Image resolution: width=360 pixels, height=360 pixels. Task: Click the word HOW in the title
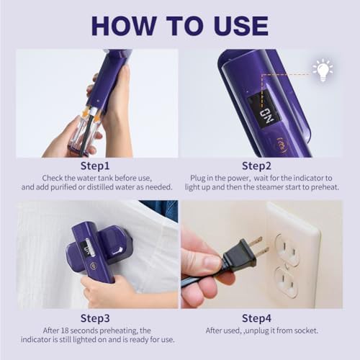click(x=124, y=25)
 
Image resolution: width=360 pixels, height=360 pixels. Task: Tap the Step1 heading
click(x=95, y=166)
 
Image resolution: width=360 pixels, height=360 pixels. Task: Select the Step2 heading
click(x=256, y=166)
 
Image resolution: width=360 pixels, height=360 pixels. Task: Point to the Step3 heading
click(x=95, y=318)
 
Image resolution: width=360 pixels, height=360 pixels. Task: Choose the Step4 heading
click(x=256, y=318)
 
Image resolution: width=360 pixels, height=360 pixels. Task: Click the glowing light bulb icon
click(x=323, y=70)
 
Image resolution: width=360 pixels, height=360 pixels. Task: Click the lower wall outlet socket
click(x=286, y=282)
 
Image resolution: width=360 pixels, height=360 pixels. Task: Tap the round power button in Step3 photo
click(x=92, y=266)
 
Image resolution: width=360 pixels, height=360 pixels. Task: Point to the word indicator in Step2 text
click(x=308, y=178)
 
